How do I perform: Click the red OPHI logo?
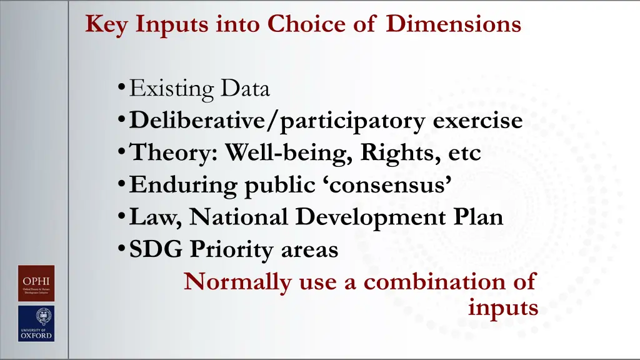pyautogui.click(x=36, y=283)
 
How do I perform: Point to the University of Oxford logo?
pyautogui.click(x=36, y=323)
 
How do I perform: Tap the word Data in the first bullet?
pyautogui.click(x=244, y=89)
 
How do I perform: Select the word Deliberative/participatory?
pyautogui.click(x=279, y=121)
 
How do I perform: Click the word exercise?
pyautogui.click(x=478, y=121)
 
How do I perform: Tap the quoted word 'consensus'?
pyautogui.click(x=391, y=185)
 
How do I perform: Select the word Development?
pyautogui.click(x=367, y=217)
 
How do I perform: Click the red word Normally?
pyautogui.click(x=237, y=282)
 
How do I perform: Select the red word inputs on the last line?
pyautogui.click(x=502, y=308)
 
